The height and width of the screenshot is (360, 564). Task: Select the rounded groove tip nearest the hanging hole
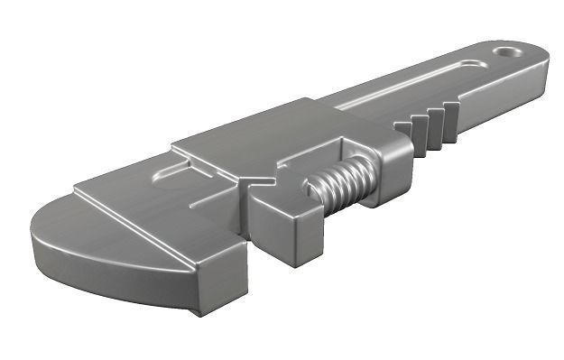tap(473, 64)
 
